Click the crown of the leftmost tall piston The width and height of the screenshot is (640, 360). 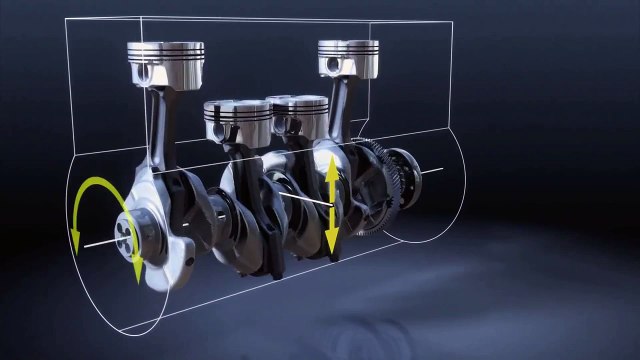[x=166, y=46]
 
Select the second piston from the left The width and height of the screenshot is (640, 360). [x=237, y=107]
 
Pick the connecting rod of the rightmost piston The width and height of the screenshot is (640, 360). [x=340, y=110]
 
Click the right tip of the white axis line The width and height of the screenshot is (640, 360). [x=442, y=169]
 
